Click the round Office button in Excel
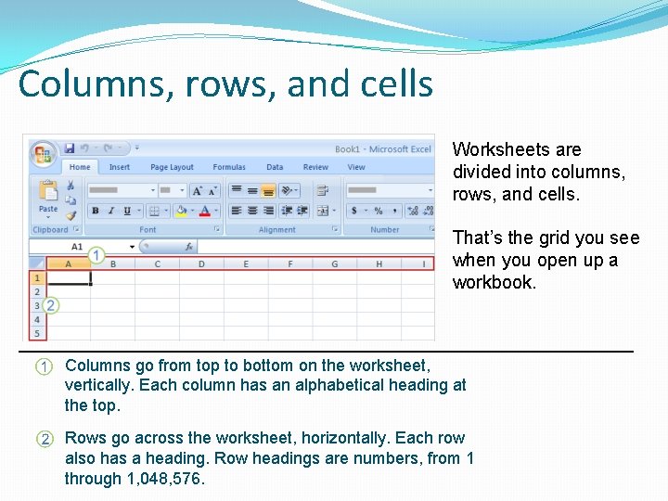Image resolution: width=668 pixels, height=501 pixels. coord(42,153)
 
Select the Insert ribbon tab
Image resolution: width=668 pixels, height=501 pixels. coord(120,167)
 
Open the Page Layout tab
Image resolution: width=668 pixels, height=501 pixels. coord(172,167)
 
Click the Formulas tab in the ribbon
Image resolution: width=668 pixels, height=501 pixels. coord(229,167)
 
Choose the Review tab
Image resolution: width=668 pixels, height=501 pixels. coord(315,167)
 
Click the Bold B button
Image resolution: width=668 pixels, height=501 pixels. coord(96,212)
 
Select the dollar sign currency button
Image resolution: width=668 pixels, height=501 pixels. coord(354,212)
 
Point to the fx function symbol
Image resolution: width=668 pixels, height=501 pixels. coord(187,247)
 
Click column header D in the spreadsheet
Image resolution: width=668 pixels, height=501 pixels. coord(201,264)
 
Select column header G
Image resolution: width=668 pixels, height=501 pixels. coord(334,264)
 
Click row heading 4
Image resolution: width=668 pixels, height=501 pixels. coord(37,319)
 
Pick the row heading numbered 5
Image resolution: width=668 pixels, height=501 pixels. coord(37,333)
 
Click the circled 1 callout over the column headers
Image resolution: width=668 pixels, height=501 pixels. coord(96,254)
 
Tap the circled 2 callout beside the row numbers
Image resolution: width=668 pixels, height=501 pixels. coord(51,304)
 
